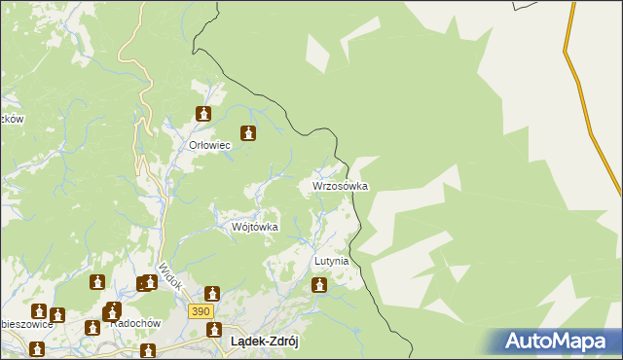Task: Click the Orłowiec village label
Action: pyautogui.click(x=208, y=145)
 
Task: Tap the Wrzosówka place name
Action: pyautogui.click(x=340, y=185)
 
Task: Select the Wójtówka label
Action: pyautogui.click(x=254, y=227)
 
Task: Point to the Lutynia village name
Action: pyautogui.click(x=331, y=262)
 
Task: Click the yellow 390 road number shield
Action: pyautogui.click(x=201, y=309)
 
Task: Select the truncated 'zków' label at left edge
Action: pyautogui.click(x=11, y=119)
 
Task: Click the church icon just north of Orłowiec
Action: pyautogui.click(x=203, y=114)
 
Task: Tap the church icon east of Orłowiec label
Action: pyautogui.click(x=248, y=134)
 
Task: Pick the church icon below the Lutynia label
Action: pyautogui.click(x=318, y=285)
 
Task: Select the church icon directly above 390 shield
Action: pyautogui.click(x=211, y=293)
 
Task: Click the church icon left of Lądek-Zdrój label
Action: pyautogui.click(x=211, y=329)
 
